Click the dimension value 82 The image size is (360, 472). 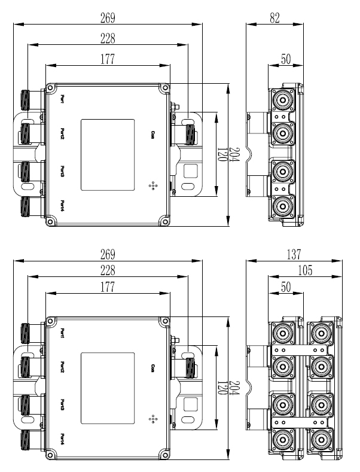tap(275, 18)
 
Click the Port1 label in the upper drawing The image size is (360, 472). tap(63, 99)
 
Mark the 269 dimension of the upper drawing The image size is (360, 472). tap(108, 18)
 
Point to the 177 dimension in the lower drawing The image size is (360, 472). tap(108, 288)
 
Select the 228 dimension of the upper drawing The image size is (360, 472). tap(108, 38)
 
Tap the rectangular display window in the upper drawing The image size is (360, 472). tap(106, 154)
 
